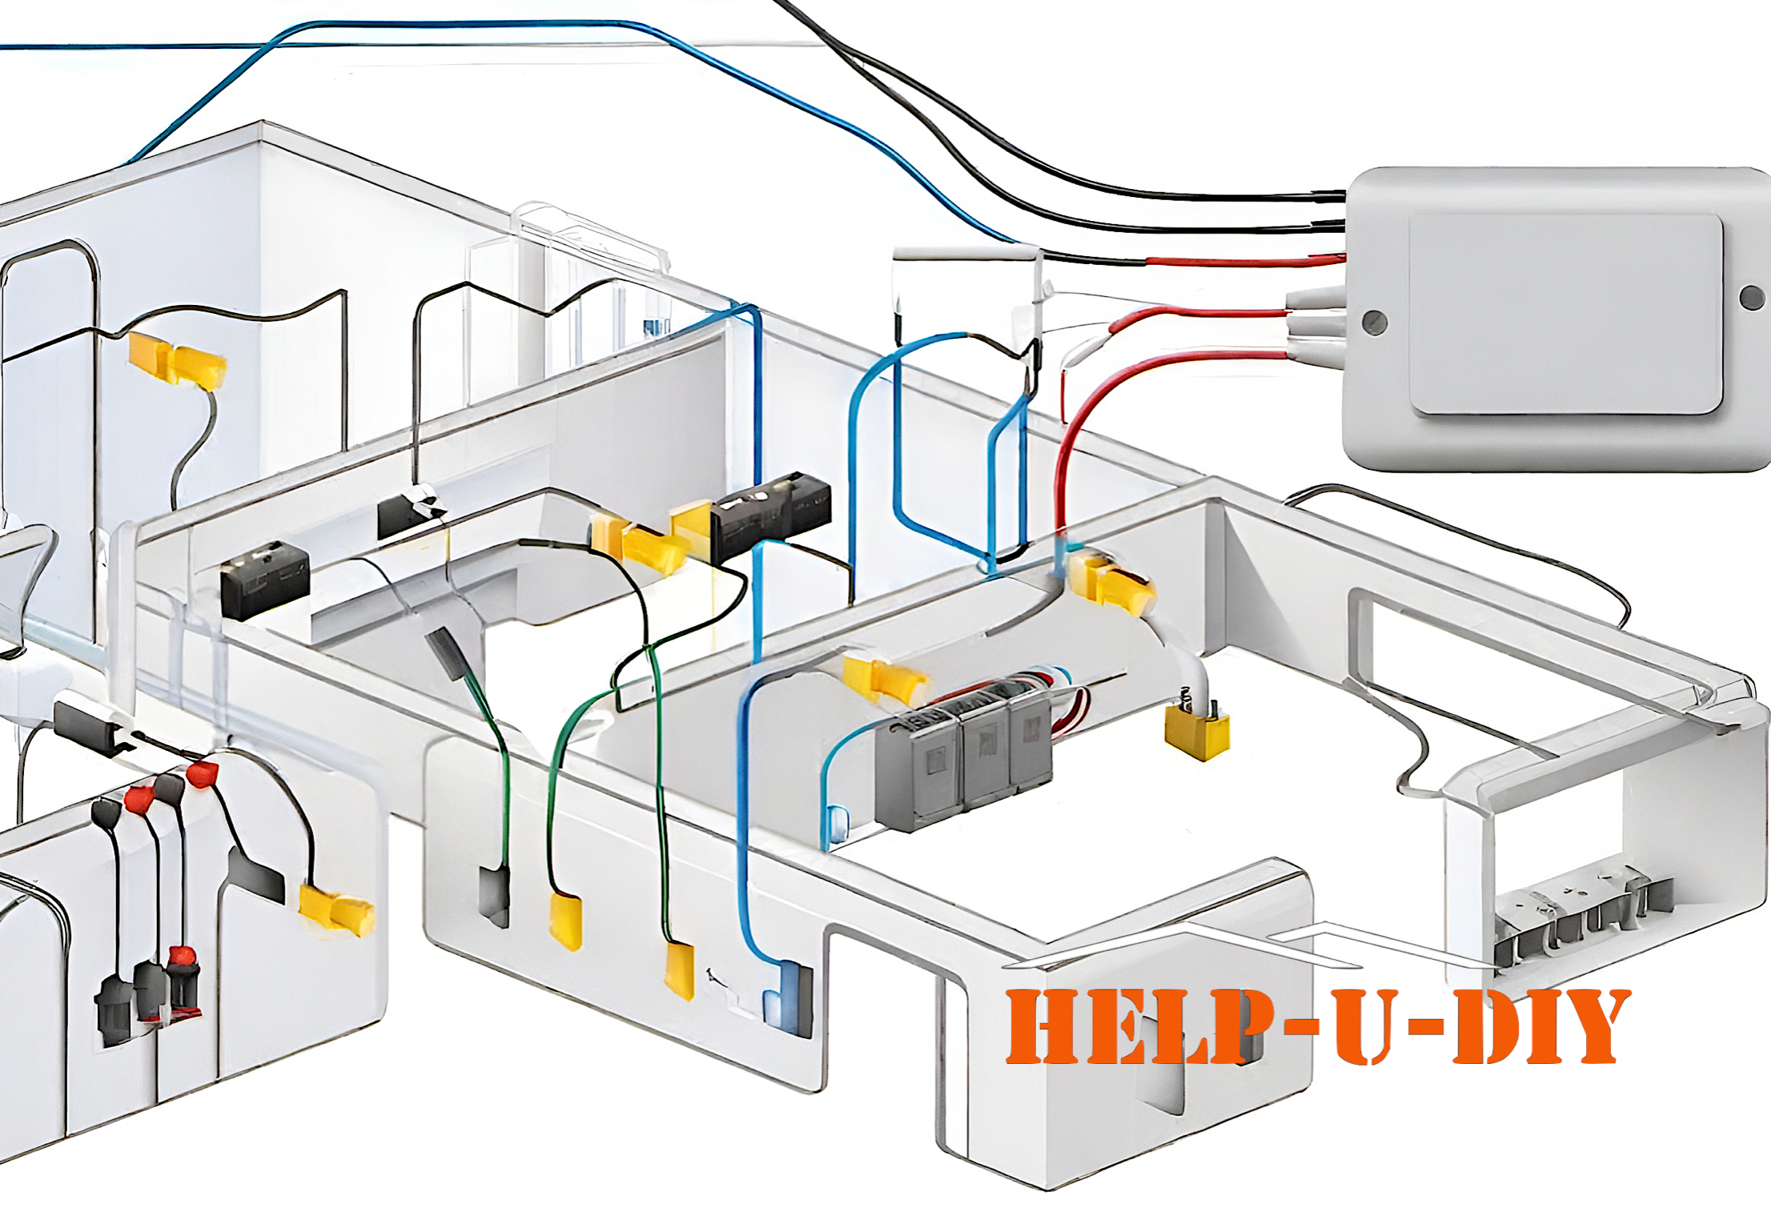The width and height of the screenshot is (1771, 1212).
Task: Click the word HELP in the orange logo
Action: point(1136,1027)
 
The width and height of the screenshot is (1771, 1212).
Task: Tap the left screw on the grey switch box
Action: point(1375,322)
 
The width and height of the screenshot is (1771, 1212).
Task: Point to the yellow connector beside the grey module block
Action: point(885,680)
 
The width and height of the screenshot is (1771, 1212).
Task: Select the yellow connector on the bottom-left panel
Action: point(336,910)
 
